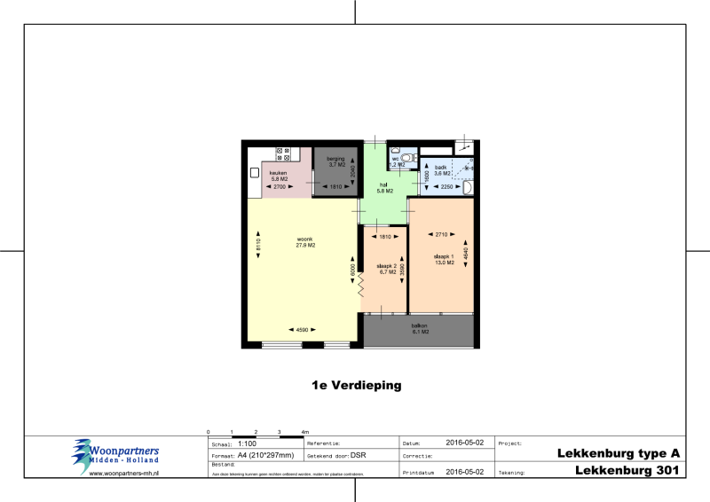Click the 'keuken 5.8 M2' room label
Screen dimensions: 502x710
pos(279,176)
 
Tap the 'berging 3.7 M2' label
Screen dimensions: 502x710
pos(335,161)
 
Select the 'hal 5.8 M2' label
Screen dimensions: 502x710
pos(384,187)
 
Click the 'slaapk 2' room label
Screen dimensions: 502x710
pos(386,268)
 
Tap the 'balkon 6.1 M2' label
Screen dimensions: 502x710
pos(420,328)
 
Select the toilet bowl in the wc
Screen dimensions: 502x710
pos(406,153)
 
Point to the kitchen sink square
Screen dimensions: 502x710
pos(254,172)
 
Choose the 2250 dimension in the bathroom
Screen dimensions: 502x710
pos(447,187)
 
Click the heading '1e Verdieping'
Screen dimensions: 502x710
pos(356,386)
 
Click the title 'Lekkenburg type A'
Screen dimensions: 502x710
pos(618,453)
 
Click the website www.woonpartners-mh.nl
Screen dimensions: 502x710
pos(123,474)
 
